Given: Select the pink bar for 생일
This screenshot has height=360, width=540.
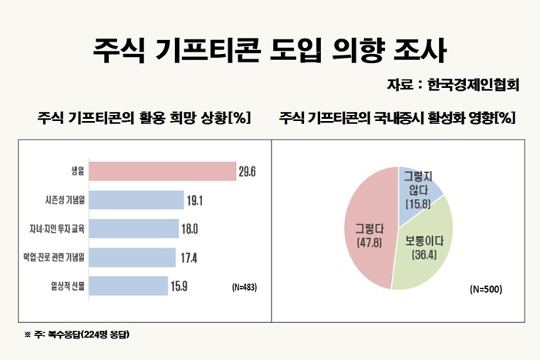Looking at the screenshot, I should click(x=159, y=171).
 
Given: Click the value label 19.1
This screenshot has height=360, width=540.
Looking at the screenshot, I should click(x=196, y=200).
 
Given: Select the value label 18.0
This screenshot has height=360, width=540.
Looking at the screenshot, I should click(x=191, y=229).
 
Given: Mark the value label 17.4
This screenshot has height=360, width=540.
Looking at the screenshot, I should click(x=188, y=257).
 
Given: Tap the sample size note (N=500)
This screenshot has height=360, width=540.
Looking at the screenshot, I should click(x=485, y=290).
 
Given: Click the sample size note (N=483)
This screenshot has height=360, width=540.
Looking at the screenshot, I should click(x=244, y=288).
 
